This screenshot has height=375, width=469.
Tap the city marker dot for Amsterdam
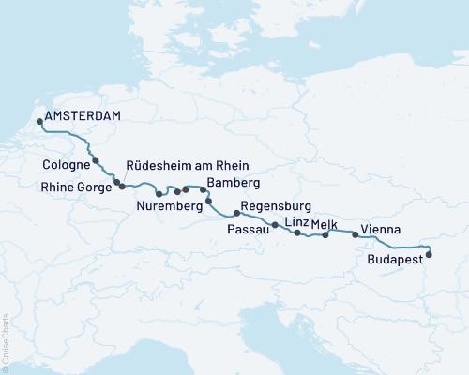click(38, 120)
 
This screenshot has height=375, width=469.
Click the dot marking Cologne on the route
click(96, 161)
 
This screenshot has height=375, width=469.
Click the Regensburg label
click(275, 207)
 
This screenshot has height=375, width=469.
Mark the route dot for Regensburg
click(237, 214)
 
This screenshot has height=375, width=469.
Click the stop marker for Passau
click(274, 225)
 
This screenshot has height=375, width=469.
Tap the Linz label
click(295, 220)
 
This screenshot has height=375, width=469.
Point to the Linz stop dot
click(297, 232)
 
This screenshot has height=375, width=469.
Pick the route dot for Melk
click(325, 235)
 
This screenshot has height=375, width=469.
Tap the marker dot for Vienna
click(356, 235)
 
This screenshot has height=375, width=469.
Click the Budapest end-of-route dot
click(429, 253)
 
